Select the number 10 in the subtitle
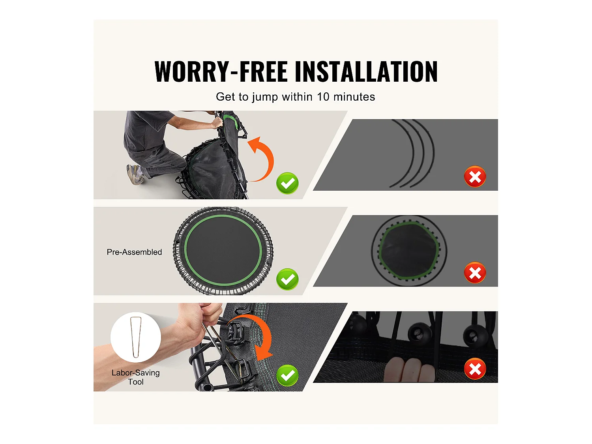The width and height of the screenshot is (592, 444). [323, 97]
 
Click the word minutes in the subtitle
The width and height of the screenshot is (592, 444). [354, 97]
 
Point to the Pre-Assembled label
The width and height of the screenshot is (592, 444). [134, 252]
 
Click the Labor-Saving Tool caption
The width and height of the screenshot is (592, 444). [136, 377]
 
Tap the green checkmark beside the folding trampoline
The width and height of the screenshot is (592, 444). [287, 183]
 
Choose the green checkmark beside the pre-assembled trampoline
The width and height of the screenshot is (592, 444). [287, 279]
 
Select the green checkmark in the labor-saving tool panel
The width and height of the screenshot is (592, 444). [287, 375]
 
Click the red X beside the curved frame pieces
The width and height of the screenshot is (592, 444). [475, 176]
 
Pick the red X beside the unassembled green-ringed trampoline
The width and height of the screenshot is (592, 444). [475, 273]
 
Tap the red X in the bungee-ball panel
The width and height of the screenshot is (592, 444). [475, 369]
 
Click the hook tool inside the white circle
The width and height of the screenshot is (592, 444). [136, 337]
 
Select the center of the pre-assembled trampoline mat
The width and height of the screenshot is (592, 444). [223, 251]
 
